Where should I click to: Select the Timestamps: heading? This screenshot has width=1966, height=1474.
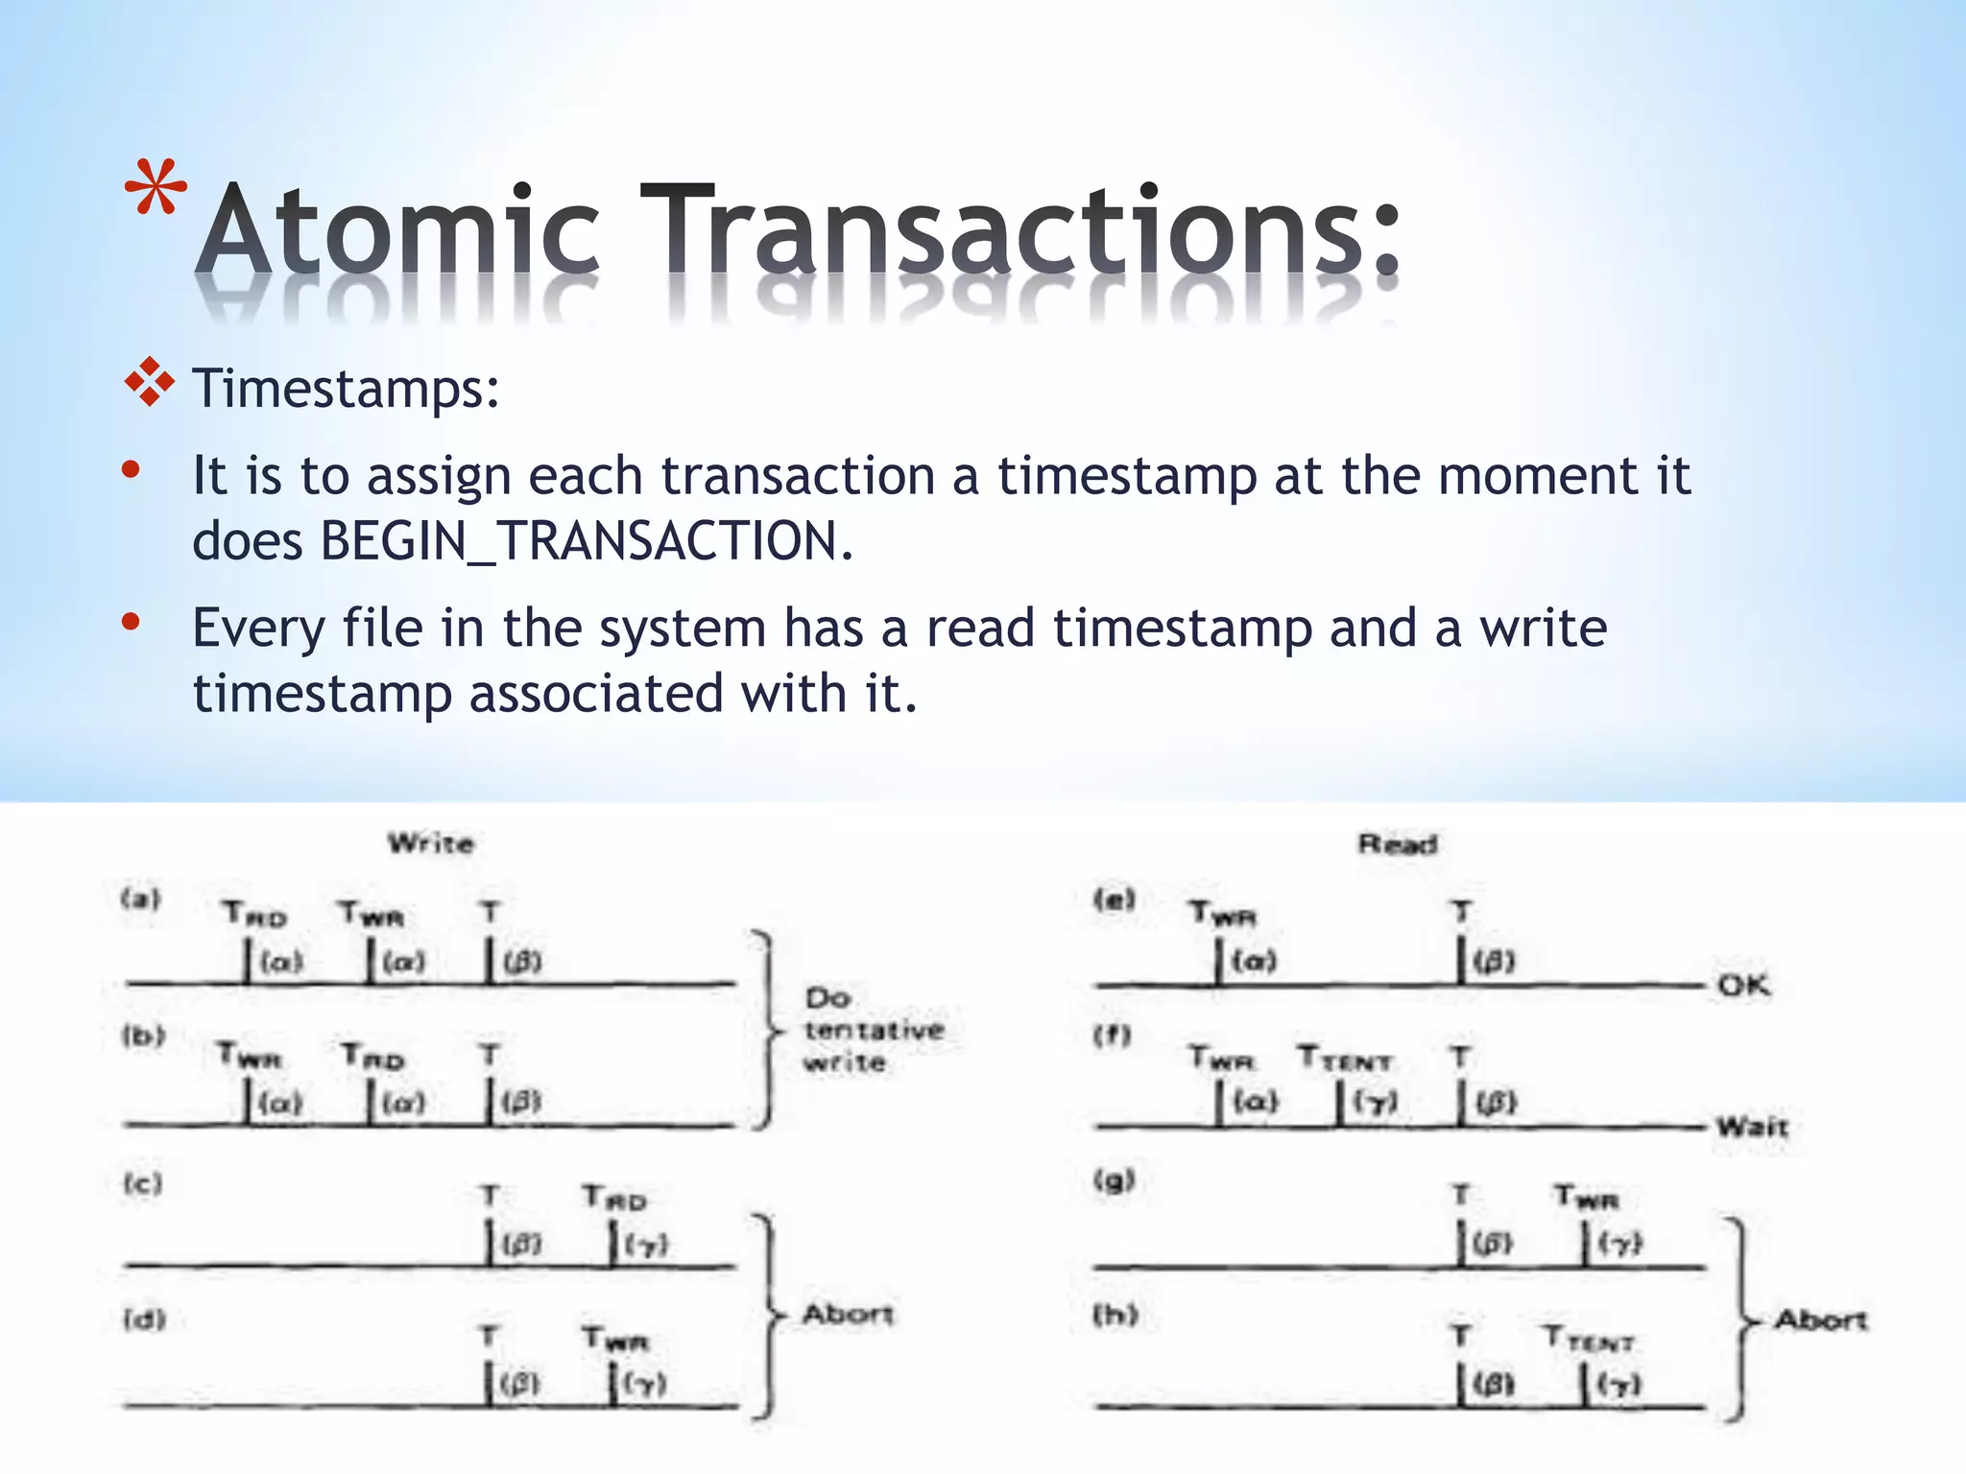point(346,390)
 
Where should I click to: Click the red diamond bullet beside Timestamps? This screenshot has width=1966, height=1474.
point(150,384)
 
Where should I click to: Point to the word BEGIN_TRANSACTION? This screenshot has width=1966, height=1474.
point(586,541)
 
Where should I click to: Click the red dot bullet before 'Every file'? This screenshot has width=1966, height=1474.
point(132,623)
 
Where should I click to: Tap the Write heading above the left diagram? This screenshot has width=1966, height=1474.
point(431,844)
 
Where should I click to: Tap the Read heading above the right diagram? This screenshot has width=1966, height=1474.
point(1398,844)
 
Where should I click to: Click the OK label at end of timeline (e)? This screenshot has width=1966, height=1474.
point(1743,986)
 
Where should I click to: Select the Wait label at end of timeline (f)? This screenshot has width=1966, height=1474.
point(1752,1126)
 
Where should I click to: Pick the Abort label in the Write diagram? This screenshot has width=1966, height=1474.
point(848,1314)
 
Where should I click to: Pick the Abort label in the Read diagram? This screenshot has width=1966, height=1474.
point(1820,1320)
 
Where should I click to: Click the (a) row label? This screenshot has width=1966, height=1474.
point(141,899)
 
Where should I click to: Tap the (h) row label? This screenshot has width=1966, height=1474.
point(1115,1314)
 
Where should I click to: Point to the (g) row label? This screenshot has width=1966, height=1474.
point(1115,1179)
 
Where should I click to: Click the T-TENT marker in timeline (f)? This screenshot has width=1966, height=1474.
point(1344,1059)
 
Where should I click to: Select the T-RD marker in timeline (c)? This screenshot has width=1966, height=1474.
point(614,1198)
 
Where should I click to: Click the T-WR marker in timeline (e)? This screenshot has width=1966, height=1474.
point(1222,914)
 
